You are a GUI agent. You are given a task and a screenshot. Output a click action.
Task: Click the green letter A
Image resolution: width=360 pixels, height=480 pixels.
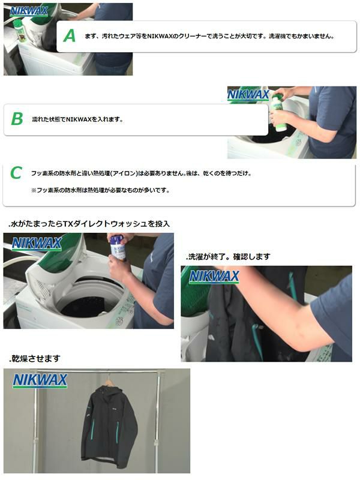tap(70, 36)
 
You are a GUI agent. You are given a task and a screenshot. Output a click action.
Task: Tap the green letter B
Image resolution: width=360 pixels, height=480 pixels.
tap(17, 119)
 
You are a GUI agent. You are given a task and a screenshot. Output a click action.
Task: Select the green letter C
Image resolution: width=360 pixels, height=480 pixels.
tap(16, 173)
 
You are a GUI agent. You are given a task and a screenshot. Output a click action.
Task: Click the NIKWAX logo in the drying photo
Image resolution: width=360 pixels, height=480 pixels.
tap(40, 380)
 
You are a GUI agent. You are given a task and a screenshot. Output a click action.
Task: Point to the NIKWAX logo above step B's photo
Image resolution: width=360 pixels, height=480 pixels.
tap(248, 94)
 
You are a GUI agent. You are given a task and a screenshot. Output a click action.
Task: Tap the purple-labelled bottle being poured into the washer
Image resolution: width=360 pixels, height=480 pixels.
tap(118, 247)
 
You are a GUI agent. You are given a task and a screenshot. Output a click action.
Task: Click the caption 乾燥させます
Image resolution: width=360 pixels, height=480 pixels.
tap(35, 359)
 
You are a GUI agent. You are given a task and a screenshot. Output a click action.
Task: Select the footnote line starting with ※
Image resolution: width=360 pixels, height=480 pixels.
tap(100, 190)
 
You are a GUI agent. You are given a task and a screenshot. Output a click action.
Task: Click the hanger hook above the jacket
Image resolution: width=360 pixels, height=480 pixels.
tap(109, 378)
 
